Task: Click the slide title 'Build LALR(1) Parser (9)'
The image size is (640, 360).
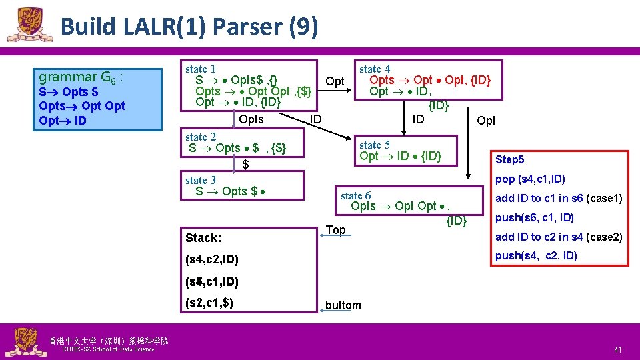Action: (x=189, y=27)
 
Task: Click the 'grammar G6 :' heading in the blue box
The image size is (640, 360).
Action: (x=81, y=77)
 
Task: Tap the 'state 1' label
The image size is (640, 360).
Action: (x=200, y=69)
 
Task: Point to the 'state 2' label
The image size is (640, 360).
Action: (x=200, y=137)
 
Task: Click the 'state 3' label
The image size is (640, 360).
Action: (x=200, y=180)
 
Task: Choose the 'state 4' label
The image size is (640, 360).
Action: (x=374, y=69)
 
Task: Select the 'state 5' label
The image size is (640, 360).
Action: (x=374, y=145)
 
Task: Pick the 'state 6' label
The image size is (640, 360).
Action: (x=355, y=195)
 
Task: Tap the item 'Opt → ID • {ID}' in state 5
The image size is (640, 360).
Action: (x=400, y=156)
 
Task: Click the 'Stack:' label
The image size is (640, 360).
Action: (x=203, y=238)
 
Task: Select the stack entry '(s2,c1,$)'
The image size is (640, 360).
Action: (x=209, y=303)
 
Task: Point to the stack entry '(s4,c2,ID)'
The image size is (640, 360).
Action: (x=211, y=259)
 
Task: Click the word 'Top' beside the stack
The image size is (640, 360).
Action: (x=336, y=230)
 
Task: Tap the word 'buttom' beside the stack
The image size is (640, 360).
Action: (x=343, y=305)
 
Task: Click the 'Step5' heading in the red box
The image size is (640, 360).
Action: (x=510, y=160)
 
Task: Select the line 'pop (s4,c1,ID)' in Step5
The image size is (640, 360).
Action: (x=531, y=179)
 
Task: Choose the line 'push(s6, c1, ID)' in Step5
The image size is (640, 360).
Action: (x=535, y=217)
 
